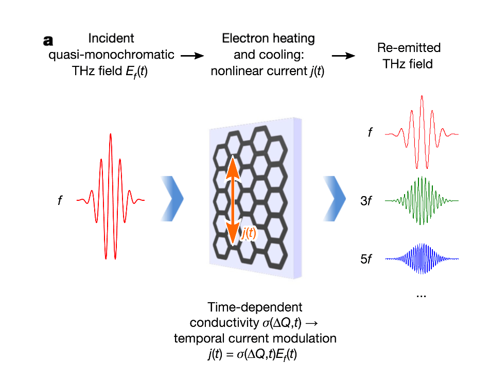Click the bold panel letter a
click(49, 40)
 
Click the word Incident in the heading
click(111, 38)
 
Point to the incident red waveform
click(110, 200)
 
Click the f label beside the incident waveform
click(60, 200)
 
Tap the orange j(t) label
click(249, 234)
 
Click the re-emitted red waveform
click(422, 133)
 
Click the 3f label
click(366, 201)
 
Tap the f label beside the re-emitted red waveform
click(370, 133)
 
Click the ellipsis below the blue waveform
click(421, 295)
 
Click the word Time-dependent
click(255, 307)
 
